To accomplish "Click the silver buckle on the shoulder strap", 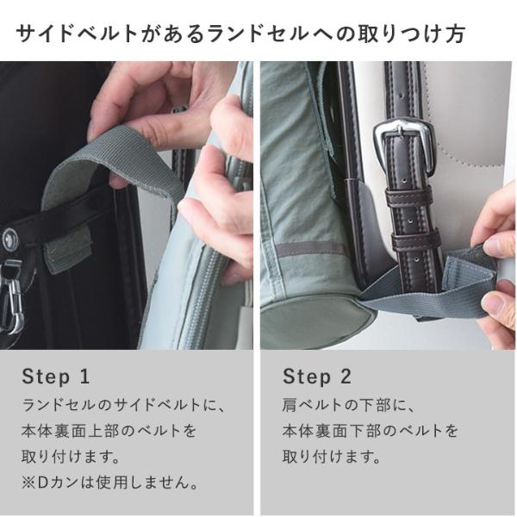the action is click(x=402, y=145).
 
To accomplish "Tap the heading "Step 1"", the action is click(x=56, y=377).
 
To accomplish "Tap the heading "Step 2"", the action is click(x=317, y=377).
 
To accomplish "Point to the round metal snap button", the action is click(x=9, y=238).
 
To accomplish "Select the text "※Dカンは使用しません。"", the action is click(x=110, y=483).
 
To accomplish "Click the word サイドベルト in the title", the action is click(x=77, y=34).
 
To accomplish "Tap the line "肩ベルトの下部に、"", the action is click(x=348, y=405).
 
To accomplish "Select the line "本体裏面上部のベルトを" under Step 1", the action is click(x=109, y=431).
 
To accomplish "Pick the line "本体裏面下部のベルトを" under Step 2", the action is click(x=371, y=431).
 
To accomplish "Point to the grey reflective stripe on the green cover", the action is click(x=309, y=249).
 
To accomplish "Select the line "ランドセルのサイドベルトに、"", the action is click(x=123, y=405).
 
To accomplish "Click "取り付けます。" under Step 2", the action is click(x=332, y=457).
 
